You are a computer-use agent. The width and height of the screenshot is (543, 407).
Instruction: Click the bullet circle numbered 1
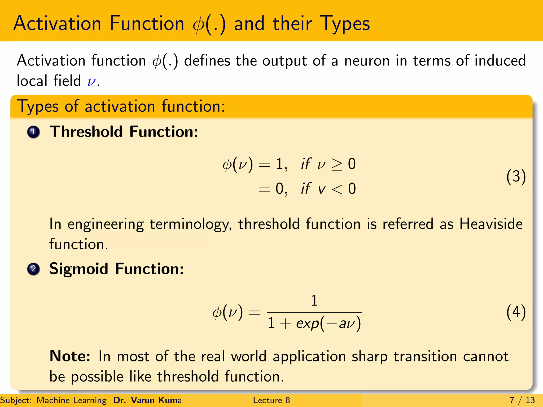coord(33,132)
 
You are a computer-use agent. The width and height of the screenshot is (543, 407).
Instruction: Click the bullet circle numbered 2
coord(33,269)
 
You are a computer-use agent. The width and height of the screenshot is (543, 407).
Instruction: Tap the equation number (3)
coord(516,176)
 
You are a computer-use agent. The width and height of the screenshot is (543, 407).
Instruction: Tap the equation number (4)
coord(516,312)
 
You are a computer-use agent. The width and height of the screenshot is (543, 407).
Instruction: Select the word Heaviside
coord(491,224)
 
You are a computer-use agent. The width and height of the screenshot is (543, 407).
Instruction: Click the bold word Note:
coord(70,356)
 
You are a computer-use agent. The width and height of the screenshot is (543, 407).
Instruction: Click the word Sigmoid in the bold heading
coord(79,269)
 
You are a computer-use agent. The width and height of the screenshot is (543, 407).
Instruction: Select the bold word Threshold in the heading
coord(86,132)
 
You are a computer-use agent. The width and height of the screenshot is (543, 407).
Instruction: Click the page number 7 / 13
coord(522,400)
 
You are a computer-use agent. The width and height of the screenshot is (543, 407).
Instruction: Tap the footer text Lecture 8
coord(271,400)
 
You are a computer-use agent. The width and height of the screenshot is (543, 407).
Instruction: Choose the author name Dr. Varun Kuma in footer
coord(147,400)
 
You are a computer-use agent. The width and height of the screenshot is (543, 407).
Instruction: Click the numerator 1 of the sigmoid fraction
coord(314,301)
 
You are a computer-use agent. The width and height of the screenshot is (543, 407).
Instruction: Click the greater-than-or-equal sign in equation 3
coord(337,165)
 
